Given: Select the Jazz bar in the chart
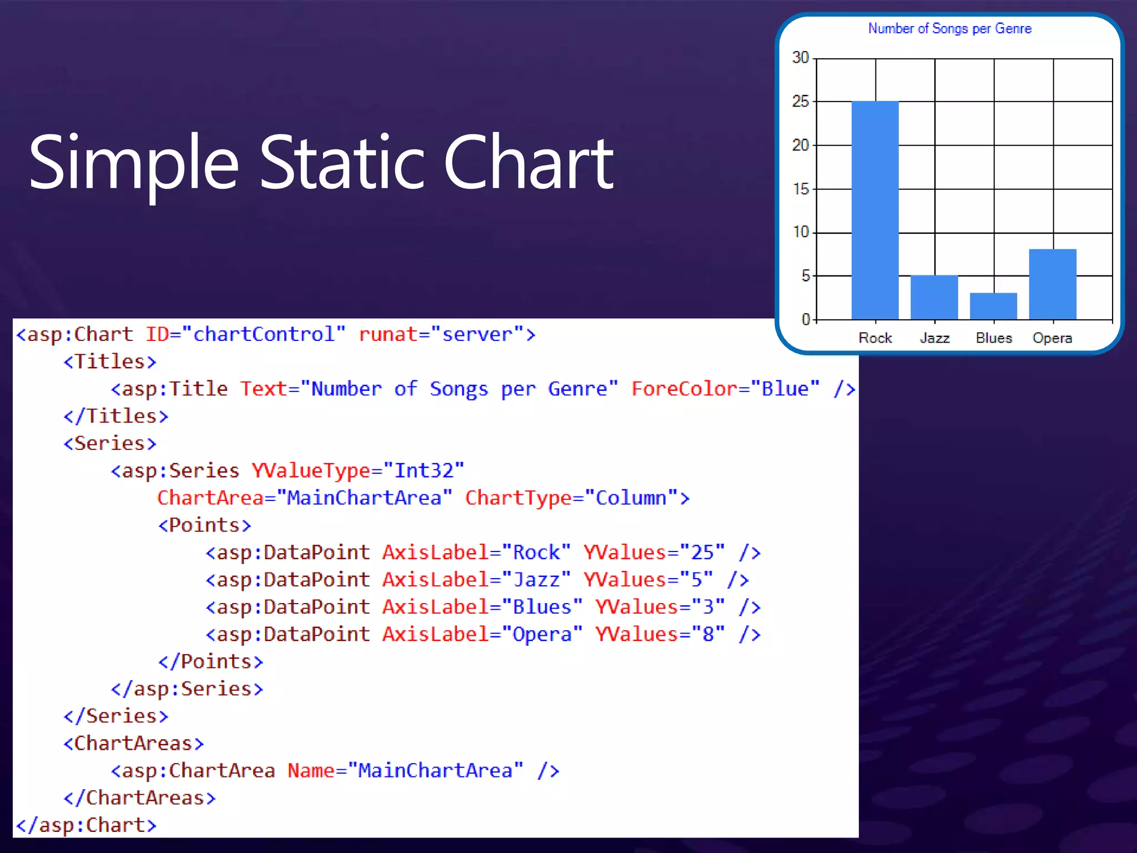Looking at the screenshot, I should [x=934, y=297].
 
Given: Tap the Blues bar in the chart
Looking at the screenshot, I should [x=993, y=306].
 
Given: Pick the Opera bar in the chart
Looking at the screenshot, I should [x=1053, y=284].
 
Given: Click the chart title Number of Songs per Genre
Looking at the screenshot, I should [x=950, y=28].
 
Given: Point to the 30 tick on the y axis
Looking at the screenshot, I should [x=801, y=57].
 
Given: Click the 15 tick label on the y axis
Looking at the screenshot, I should [x=801, y=189].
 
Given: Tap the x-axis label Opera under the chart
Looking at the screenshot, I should [x=1052, y=338].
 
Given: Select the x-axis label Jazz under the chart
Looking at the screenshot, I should [x=934, y=338].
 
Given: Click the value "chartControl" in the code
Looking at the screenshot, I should [x=264, y=334].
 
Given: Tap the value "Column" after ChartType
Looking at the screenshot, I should [x=631, y=498].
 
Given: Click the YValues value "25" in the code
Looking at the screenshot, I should [x=702, y=552].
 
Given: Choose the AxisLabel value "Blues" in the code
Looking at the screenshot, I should [x=542, y=606].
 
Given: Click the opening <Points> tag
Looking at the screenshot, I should [x=205, y=525].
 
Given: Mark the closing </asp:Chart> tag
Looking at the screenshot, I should [x=87, y=825].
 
